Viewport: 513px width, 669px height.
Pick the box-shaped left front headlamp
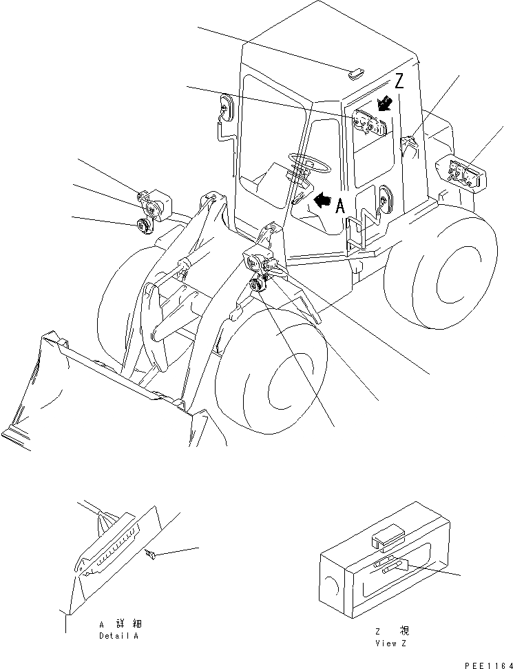pos(156,203)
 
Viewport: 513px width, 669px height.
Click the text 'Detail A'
pos(118,636)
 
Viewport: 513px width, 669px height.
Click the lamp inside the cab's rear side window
pos(369,125)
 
